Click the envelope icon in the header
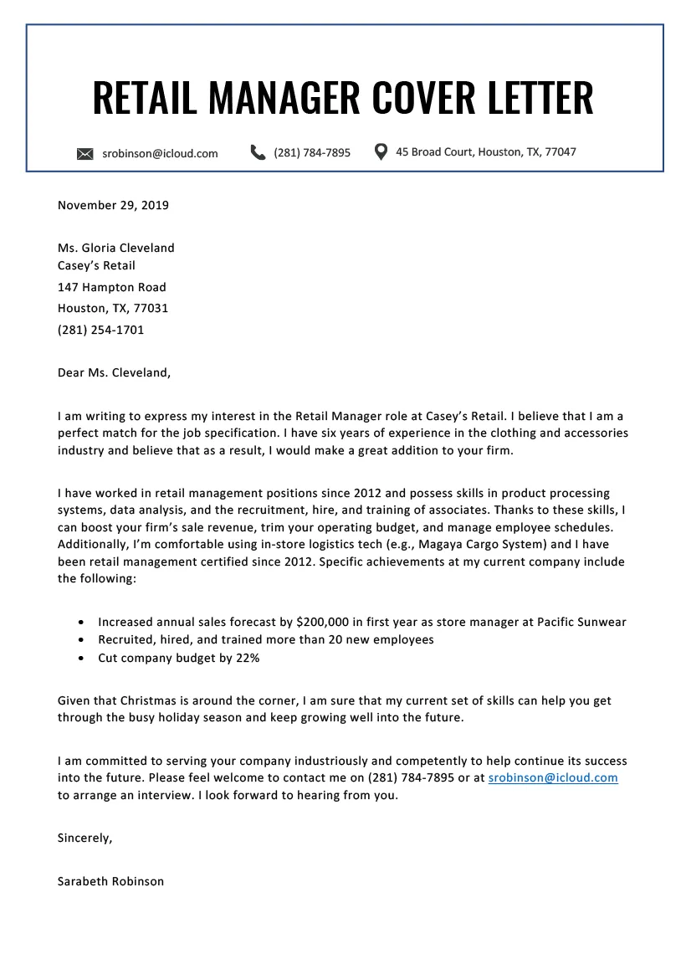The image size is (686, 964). pos(84,153)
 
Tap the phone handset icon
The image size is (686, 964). pos(257,151)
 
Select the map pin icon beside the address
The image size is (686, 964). pos(381,151)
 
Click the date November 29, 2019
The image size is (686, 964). pos(113,205)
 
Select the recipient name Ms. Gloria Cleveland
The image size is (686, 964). pos(115,248)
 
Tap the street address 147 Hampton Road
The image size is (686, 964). pos(111,287)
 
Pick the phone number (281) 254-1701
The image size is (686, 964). pos(100,330)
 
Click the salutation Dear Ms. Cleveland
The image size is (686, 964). pos(114,373)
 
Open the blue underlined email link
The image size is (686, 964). pos(552,777)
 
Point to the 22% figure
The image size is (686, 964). pos(247,658)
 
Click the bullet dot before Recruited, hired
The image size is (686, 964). pos(79,640)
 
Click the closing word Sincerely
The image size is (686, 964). pos(84,838)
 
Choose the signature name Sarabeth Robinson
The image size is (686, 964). pos(110,881)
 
